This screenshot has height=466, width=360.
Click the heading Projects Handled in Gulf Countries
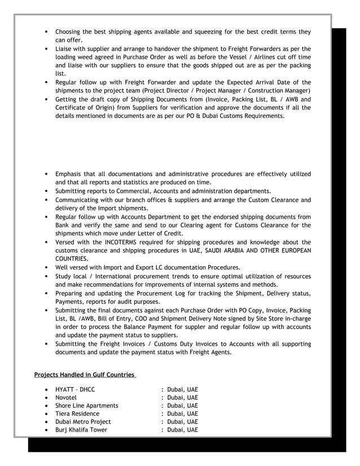coord(84,374)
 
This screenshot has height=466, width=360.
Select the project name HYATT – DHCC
coord(75,389)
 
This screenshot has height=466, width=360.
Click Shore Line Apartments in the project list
coord(86,405)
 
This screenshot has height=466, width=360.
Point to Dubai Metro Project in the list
coord(83,421)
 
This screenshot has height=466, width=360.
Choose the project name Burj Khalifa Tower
coord(81,429)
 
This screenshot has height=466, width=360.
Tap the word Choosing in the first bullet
coord(71,32)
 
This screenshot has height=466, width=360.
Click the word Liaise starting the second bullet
coord(65,49)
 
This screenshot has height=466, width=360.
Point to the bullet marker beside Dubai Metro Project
coord(45,421)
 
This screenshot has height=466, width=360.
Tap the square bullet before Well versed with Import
coord(45,267)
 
